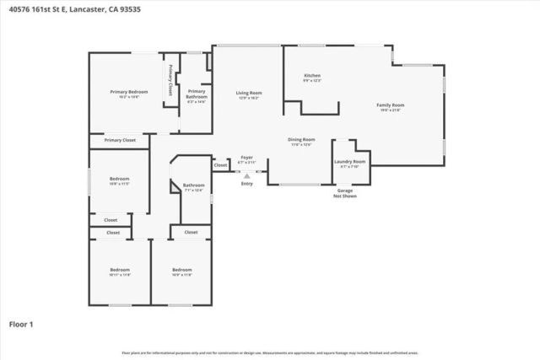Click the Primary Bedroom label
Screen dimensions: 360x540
tap(129, 92)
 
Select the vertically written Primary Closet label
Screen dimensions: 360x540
tap(170, 80)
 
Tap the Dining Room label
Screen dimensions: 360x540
tap(302, 141)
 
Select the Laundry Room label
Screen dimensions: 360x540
tap(349, 162)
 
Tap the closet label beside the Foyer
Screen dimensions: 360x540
tap(220, 165)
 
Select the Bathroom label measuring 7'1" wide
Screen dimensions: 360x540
tap(194, 186)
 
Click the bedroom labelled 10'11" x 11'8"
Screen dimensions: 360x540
tap(120, 271)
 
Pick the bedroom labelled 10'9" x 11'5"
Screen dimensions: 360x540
tap(119, 180)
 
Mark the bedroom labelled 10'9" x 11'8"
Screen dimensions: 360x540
tap(181, 271)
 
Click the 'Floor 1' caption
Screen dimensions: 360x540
tap(21, 323)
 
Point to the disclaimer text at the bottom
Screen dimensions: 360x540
tap(269, 352)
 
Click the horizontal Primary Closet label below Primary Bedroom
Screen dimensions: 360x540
tap(120, 140)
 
